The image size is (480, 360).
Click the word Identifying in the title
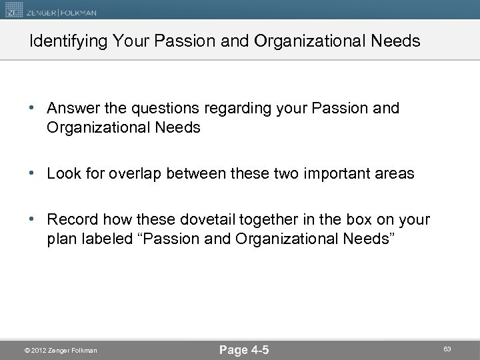click(x=63, y=41)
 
